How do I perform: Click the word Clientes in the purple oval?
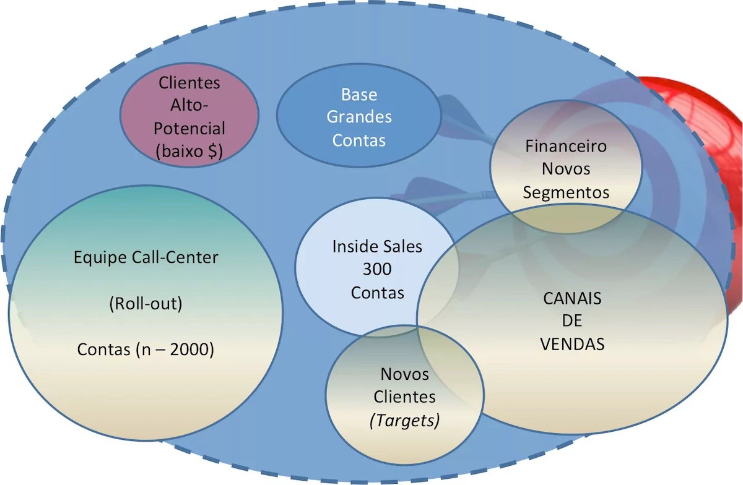[189, 82]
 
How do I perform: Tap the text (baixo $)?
[189, 151]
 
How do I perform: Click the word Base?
[359, 95]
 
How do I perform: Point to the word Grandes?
[359, 117]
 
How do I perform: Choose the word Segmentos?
[566, 192]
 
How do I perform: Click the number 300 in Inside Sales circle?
[377, 269]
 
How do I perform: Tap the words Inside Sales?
[377, 246]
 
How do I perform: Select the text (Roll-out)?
[146, 304]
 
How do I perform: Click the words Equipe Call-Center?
[146, 257]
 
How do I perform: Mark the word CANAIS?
[572, 299]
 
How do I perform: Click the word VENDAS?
[572, 344]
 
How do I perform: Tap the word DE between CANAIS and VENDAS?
[572, 322]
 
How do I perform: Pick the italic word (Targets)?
[404, 421]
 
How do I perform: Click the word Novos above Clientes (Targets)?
[404, 374]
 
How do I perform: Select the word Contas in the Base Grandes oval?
[359, 140]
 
